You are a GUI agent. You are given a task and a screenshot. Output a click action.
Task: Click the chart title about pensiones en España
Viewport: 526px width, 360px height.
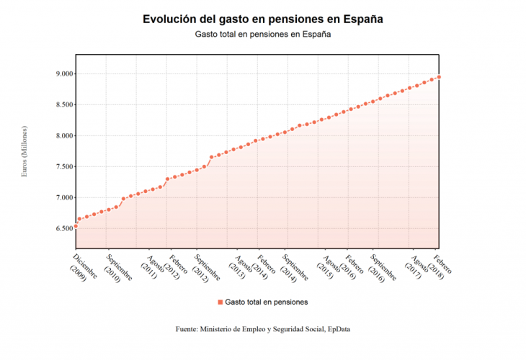click(x=262, y=19)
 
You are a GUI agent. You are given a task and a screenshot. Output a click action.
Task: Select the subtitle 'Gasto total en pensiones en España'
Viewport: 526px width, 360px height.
click(x=262, y=35)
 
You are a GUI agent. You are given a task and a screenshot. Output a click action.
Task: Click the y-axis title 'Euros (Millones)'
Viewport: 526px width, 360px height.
click(x=24, y=151)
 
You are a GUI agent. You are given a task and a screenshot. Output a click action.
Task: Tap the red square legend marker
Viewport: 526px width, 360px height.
click(x=220, y=302)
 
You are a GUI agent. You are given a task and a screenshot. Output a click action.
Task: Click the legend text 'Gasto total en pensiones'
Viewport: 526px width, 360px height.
click(x=267, y=302)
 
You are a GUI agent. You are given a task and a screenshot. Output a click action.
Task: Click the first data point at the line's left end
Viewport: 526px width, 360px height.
click(x=76, y=226)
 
